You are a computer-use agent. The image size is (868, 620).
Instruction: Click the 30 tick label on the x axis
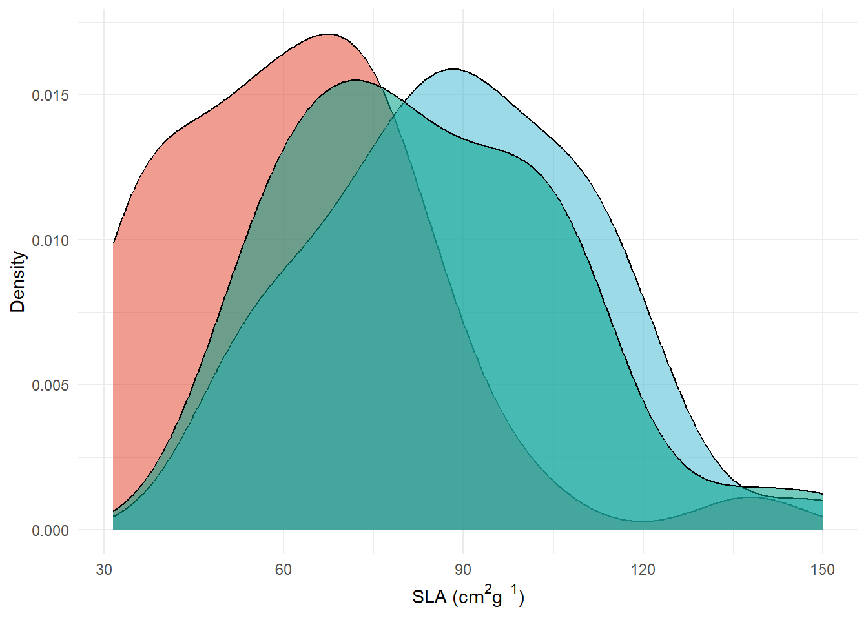[104, 570]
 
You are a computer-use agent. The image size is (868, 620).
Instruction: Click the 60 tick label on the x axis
[284, 570]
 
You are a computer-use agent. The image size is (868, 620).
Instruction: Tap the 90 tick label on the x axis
[463, 570]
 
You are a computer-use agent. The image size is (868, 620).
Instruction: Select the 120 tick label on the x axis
[643, 570]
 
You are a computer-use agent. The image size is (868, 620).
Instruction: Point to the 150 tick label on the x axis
[822, 570]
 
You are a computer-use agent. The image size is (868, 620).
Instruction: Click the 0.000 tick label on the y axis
[50, 530]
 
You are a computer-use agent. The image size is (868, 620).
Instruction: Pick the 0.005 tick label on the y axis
[50, 385]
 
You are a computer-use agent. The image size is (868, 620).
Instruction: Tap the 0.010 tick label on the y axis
[50, 240]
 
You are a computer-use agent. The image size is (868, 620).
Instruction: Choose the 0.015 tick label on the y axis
[50, 95]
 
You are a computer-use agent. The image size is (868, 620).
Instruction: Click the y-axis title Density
[18, 282]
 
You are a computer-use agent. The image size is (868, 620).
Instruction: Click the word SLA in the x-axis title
[429, 597]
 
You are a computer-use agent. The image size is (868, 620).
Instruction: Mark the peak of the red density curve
[329, 34]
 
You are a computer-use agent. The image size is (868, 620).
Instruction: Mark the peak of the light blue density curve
[452, 68]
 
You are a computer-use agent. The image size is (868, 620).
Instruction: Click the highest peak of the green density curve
[355, 80]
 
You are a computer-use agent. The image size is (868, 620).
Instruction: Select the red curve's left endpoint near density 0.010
[114, 243]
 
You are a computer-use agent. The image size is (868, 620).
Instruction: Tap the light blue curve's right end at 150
[822, 494]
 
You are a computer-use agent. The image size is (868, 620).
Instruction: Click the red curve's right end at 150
[822, 517]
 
